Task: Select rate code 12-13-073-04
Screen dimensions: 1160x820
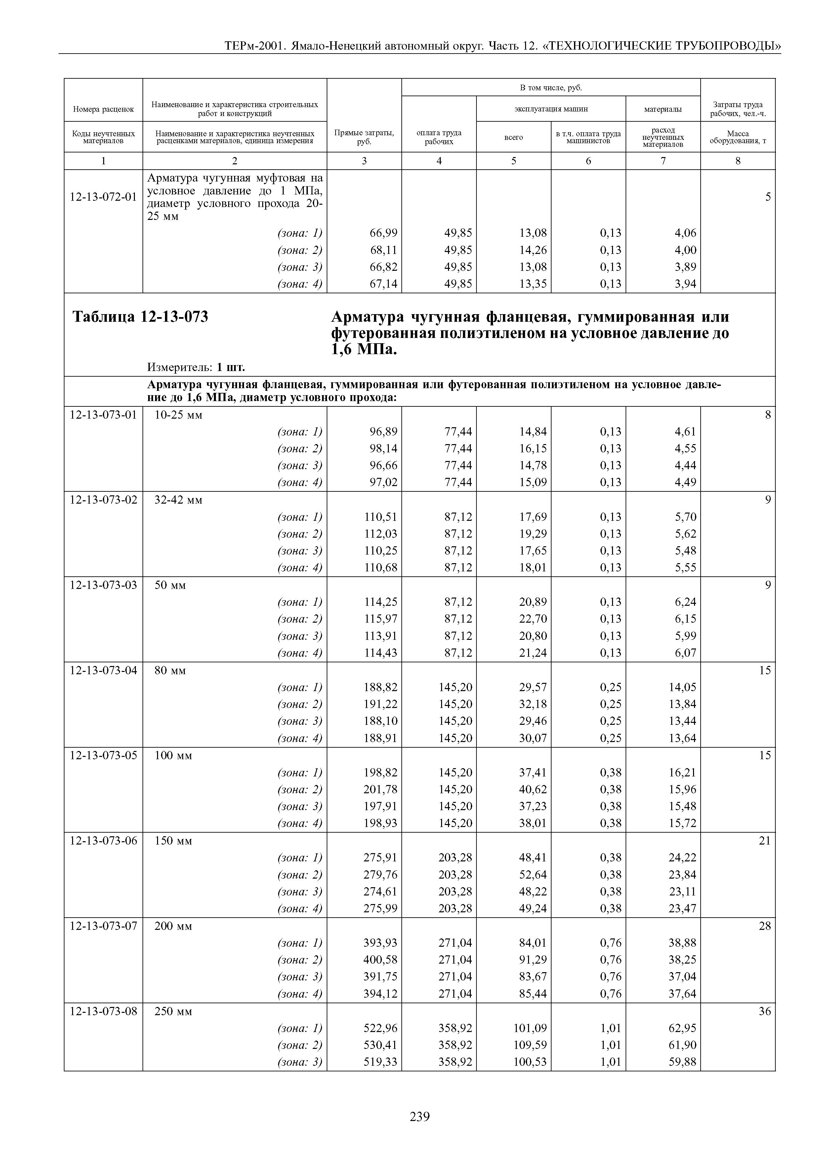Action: point(103,670)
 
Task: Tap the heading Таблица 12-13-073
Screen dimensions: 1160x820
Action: point(141,317)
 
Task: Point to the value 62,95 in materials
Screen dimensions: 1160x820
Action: point(682,1028)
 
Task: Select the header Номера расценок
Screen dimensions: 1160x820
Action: point(103,108)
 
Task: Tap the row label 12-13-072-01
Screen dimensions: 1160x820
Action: point(103,196)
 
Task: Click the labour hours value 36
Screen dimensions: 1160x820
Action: point(764,1011)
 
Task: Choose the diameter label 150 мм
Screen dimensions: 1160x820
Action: point(173,841)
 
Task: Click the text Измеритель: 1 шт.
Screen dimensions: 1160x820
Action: point(196,366)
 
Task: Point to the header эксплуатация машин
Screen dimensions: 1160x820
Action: point(551,108)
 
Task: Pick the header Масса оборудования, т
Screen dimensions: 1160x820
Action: point(738,137)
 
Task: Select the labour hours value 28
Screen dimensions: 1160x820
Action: point(764,926)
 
